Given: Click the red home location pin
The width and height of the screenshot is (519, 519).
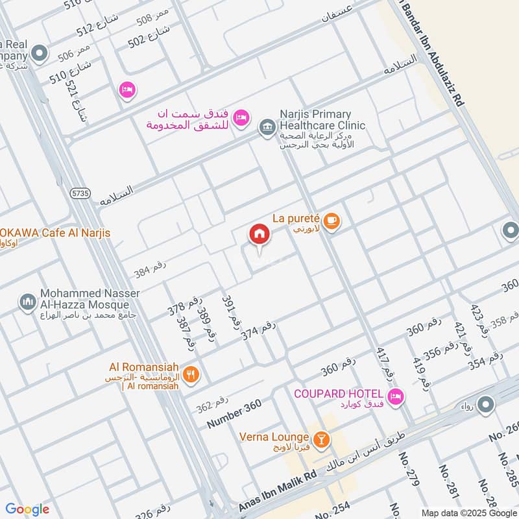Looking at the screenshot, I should click(259, 235).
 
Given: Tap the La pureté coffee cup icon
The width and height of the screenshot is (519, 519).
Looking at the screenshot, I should click(332, 221).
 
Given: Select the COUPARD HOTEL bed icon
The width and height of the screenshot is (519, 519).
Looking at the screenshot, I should click(395, 396).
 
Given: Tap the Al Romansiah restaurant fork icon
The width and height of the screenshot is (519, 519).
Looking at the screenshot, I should click(191, 374).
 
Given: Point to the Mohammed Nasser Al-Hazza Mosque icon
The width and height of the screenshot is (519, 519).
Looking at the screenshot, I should click(27, 302).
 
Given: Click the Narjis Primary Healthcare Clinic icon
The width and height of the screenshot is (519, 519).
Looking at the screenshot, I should click(266, 128).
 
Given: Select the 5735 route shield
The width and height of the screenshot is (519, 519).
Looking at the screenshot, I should click(80, 193).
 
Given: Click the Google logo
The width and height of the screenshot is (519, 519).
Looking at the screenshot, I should click(27, 509).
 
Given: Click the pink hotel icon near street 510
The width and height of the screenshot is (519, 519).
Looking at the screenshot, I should click(127, 90).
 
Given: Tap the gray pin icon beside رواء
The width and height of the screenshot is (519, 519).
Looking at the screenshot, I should click(485, 405).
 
